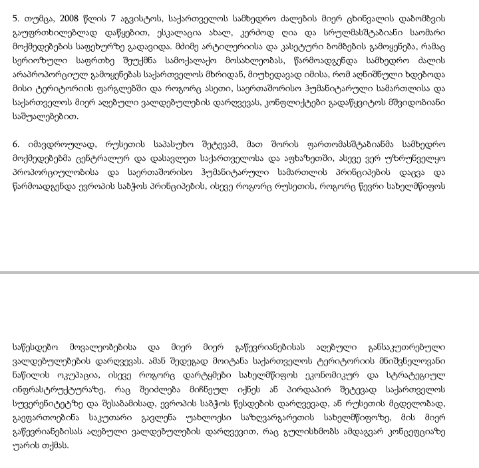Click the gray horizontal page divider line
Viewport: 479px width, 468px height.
pyautogui.click(x=239, y=273)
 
